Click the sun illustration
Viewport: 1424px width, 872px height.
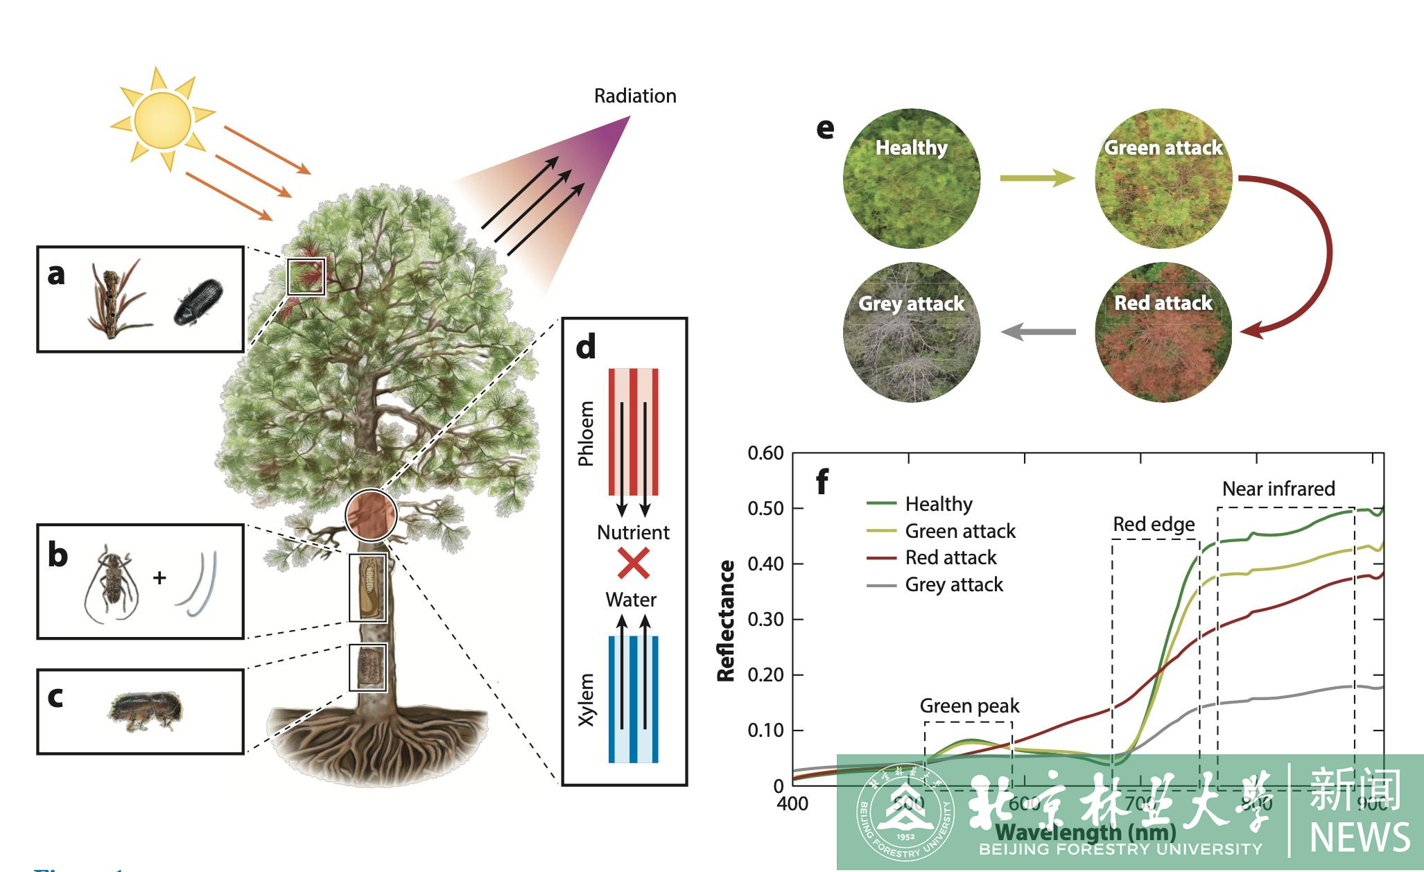click(x=162, y=119)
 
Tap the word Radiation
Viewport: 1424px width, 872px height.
click(x=635, y=96)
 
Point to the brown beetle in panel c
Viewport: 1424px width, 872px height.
click(x=145, y=710)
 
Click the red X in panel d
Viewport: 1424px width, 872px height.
click(x=634, y=564)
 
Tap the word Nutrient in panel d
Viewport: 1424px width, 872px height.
click(x=633, y=532)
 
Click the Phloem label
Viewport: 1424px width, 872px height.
click(x=587, y=433)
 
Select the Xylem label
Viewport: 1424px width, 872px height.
click(x=587, y=699)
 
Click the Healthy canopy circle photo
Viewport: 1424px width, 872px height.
click(x=911, y=178)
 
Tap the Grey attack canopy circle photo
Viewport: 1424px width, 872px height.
click(x=911, y=332)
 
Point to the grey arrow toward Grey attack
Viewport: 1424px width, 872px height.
click(x=1038, y=332)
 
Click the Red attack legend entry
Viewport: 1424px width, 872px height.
click(x=950, y=557)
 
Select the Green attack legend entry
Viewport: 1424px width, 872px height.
click(x=960, y=531)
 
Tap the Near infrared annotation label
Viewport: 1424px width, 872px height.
click(x=1278, y=489)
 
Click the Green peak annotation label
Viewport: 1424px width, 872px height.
click(x=969, y=706)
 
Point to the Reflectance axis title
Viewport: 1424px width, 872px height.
click(x=726, y=620)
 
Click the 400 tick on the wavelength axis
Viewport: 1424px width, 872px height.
click(x=792, y=804)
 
